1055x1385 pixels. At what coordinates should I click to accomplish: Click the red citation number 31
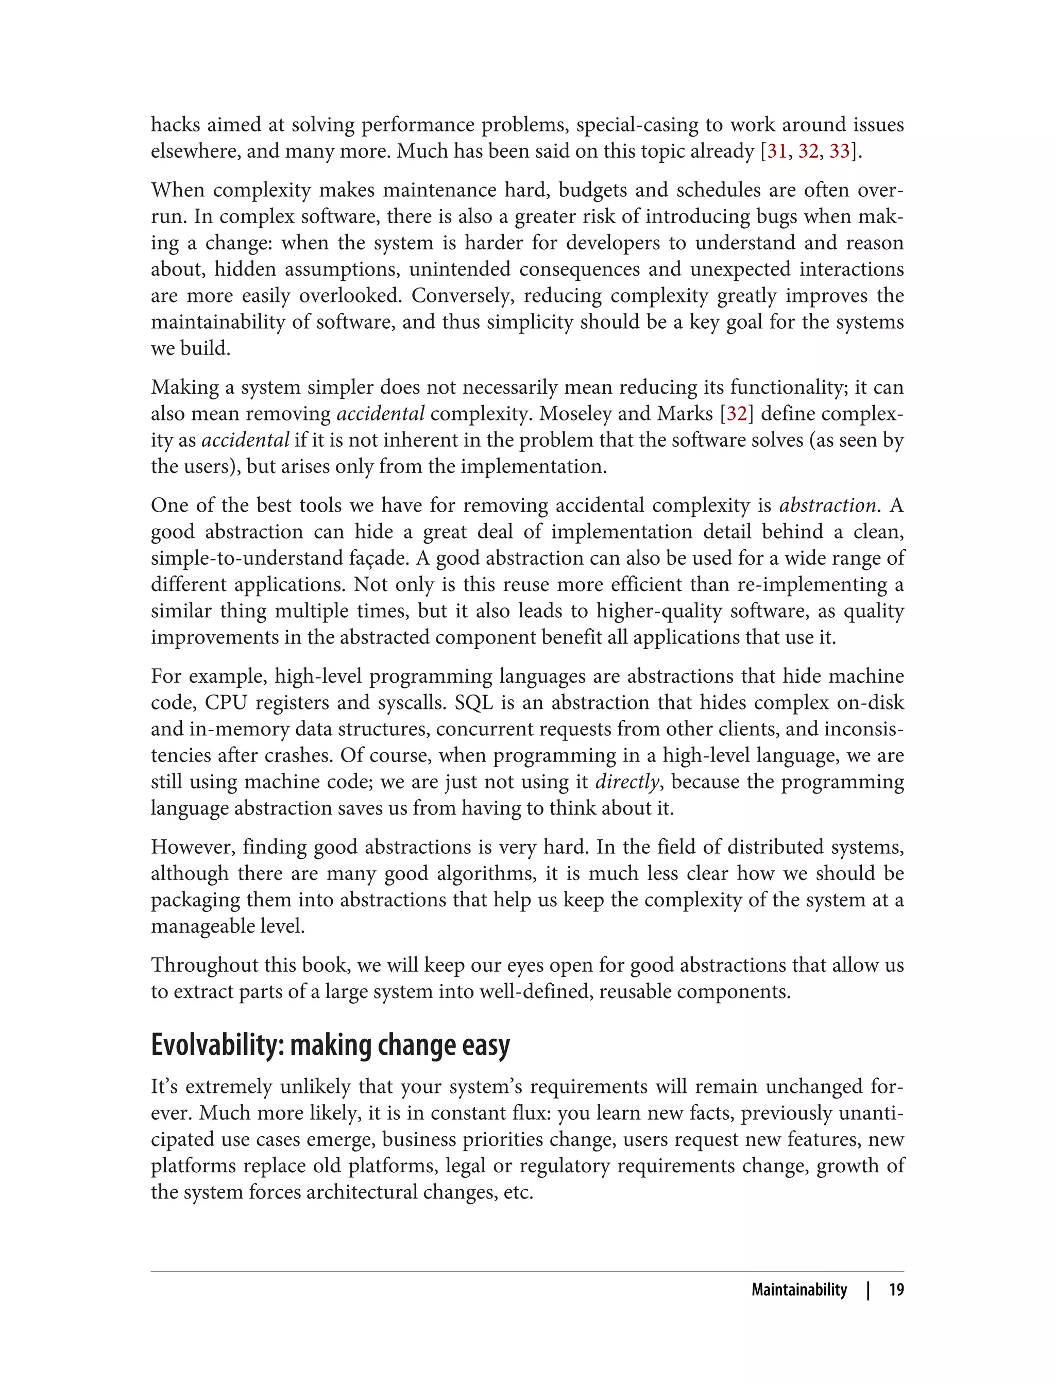(777, 151)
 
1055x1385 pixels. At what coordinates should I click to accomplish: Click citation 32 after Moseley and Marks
(737, 414)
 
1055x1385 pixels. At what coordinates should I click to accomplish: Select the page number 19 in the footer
(896, 1290)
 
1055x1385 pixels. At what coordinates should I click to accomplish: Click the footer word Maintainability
(799, 1290)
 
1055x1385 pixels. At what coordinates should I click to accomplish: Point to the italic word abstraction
(827, 505)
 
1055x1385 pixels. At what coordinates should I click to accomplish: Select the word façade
(398, 559)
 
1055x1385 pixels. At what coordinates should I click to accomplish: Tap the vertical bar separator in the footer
(869, 1290)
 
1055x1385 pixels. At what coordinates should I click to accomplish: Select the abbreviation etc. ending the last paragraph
(518, 1192)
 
